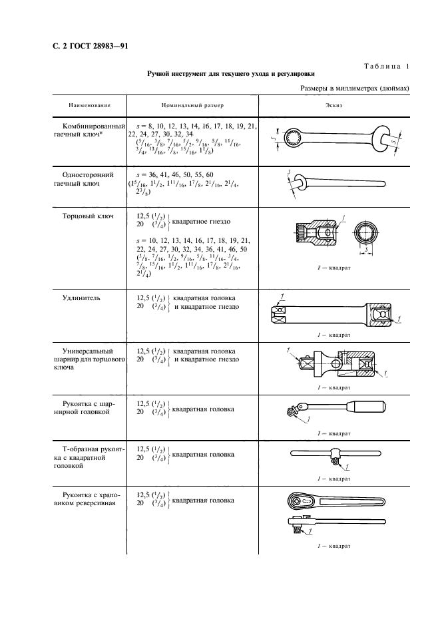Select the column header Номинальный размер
point(192,106)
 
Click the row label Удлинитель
point(82,298)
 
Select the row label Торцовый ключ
point(88,216)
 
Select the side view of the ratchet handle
point(333,522)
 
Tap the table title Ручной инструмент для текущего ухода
point(231,75)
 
